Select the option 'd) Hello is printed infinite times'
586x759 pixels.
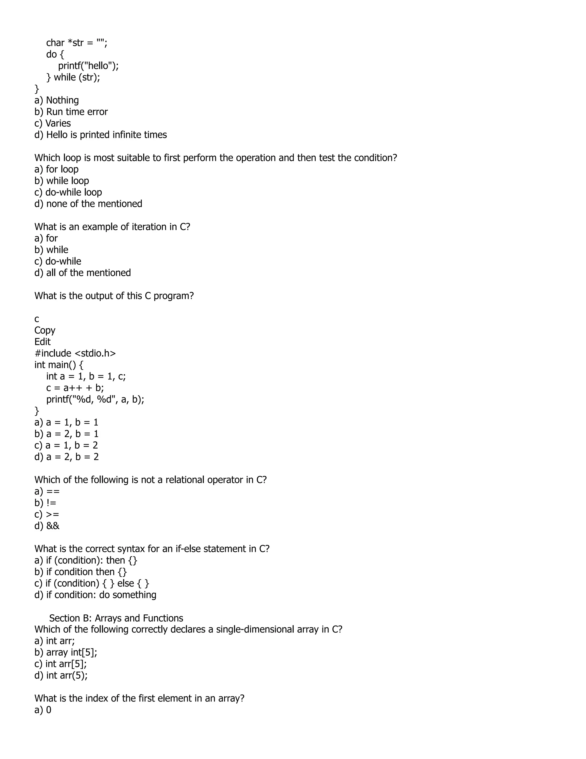pos(101,135)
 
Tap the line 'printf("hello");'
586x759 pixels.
pos(88,66)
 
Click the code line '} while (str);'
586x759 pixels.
pos(73,77)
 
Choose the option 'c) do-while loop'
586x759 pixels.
pos(68,192)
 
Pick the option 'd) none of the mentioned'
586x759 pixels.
pos(88,204)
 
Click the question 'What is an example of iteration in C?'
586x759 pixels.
pos(112,227)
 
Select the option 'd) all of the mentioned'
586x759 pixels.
pos(83,272)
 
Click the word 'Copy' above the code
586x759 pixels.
pos(45,330)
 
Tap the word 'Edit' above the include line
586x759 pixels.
pos(42,342)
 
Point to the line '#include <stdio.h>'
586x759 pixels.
pos(75,353)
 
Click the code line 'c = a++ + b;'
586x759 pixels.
pos(75,388)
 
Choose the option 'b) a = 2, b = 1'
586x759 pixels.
pos(66,434)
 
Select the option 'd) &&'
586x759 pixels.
pos(47,526)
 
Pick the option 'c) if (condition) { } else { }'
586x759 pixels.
pos(92,583)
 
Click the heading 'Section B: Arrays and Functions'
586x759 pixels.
pos(116,618)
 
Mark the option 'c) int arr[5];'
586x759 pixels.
pos(60,664)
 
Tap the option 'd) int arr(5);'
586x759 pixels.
pos(61,675)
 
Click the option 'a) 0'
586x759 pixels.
pos(43,710)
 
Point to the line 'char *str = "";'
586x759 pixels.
pos(77,43)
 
